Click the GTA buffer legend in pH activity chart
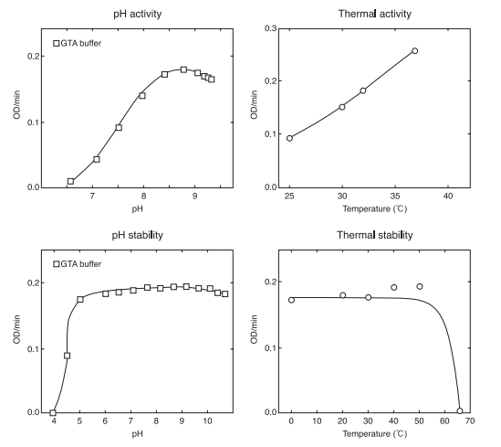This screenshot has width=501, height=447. pyautogui.click(x=80, y=43)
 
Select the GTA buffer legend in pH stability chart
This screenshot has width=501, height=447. pyautogui.click(x=80, y=264)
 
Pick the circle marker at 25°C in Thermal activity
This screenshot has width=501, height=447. pyautogui.click(x=289, y=138)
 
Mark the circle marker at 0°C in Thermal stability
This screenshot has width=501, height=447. pyautogui.click(x=291, y=300)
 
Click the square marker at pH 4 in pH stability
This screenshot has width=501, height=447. pyautogui.click(x=53, y=413)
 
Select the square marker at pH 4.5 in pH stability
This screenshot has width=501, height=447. pyautogui.click(x=67, y=356)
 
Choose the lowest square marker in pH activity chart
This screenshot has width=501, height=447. pyautogui.click(x=70, y=181)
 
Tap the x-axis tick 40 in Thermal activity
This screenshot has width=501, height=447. pyautogui.click(x=447, y=197)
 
